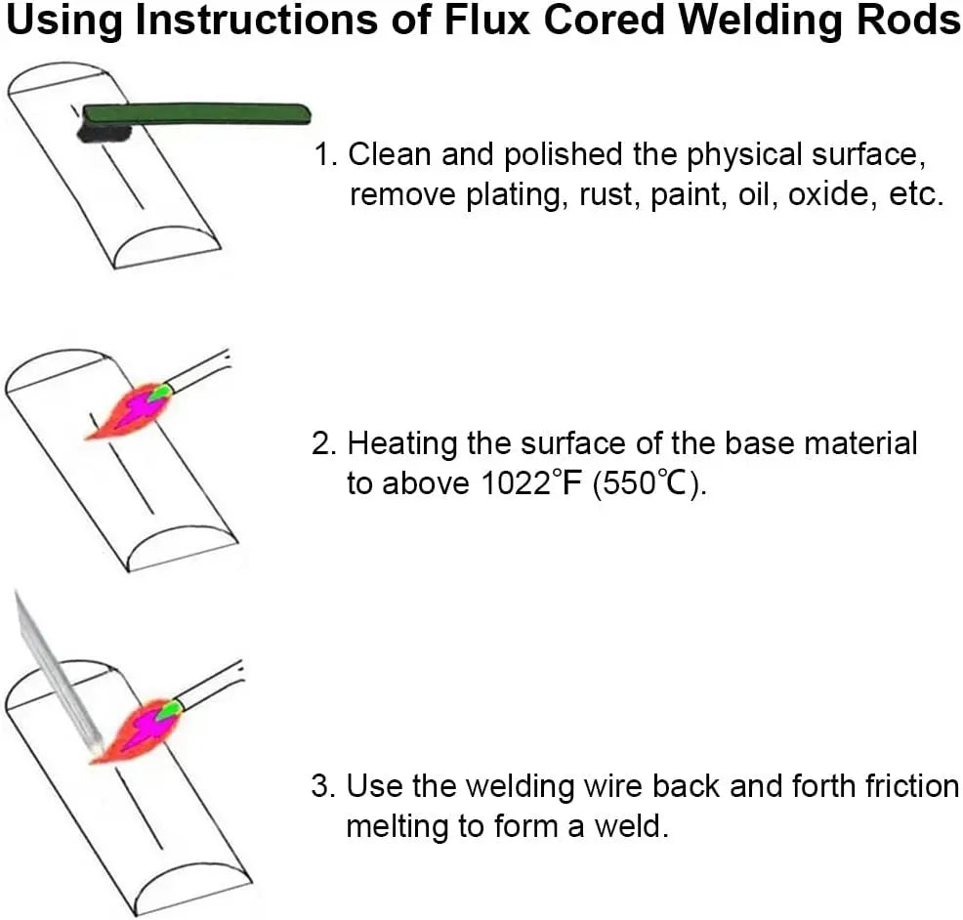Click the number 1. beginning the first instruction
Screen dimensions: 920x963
pyautogui.click(x=325, y=154)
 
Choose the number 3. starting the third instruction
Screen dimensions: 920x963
pyautogui.click(x=325, y=785)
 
